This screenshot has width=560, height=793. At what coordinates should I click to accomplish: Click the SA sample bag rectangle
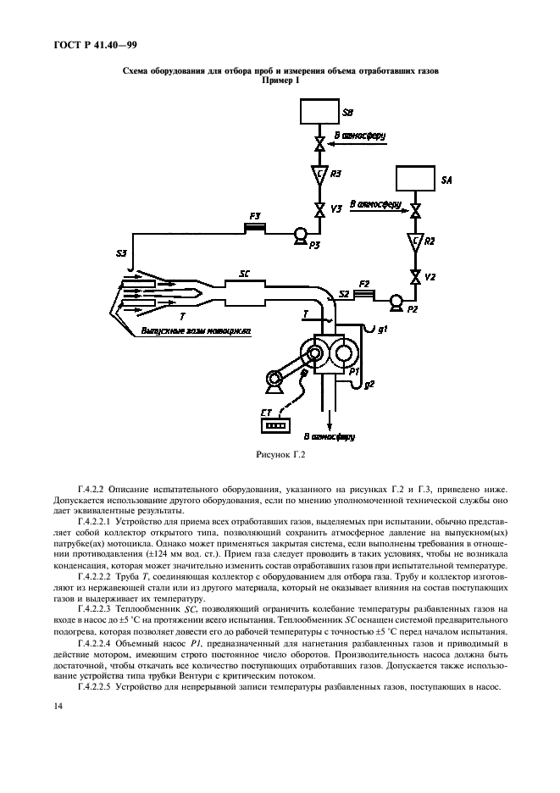click(416, 180)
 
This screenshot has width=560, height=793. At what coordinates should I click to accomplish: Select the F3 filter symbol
click(255, 226)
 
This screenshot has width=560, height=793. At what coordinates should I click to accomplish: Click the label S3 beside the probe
click(122, 252)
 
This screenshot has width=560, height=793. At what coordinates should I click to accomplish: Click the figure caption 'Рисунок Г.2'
click(280, 456)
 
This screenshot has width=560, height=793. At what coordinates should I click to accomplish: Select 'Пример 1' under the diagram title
click(280, 80)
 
